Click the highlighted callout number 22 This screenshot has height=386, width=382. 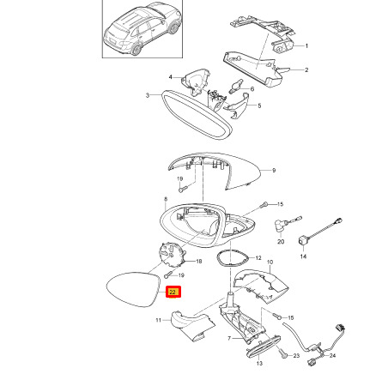coord(173,292)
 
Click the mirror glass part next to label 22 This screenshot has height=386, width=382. coord(132,290)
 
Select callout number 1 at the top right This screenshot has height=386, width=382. coord(306,45)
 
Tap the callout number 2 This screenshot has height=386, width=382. coord(306,69)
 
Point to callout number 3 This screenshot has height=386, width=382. coord(148,95)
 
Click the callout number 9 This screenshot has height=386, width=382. coord(274,171)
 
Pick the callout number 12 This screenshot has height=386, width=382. coord(258,258)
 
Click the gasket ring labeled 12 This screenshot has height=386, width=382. coord(232,257)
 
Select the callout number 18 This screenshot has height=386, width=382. coord(198,261)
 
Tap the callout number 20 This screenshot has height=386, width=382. coord(281,242)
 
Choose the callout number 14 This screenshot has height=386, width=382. coord(303,256)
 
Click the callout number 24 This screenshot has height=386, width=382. coord(332,356)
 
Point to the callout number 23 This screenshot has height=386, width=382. coord(296,356)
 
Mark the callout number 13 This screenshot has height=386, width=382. coord(259,364)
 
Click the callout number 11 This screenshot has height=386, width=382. coord(159,320)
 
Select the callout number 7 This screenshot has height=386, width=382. coord(229,339)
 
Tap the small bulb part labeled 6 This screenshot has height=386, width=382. coord(236,86)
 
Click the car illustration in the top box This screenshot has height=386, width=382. coord(142,28)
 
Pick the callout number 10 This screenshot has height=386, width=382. coord(270,262)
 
